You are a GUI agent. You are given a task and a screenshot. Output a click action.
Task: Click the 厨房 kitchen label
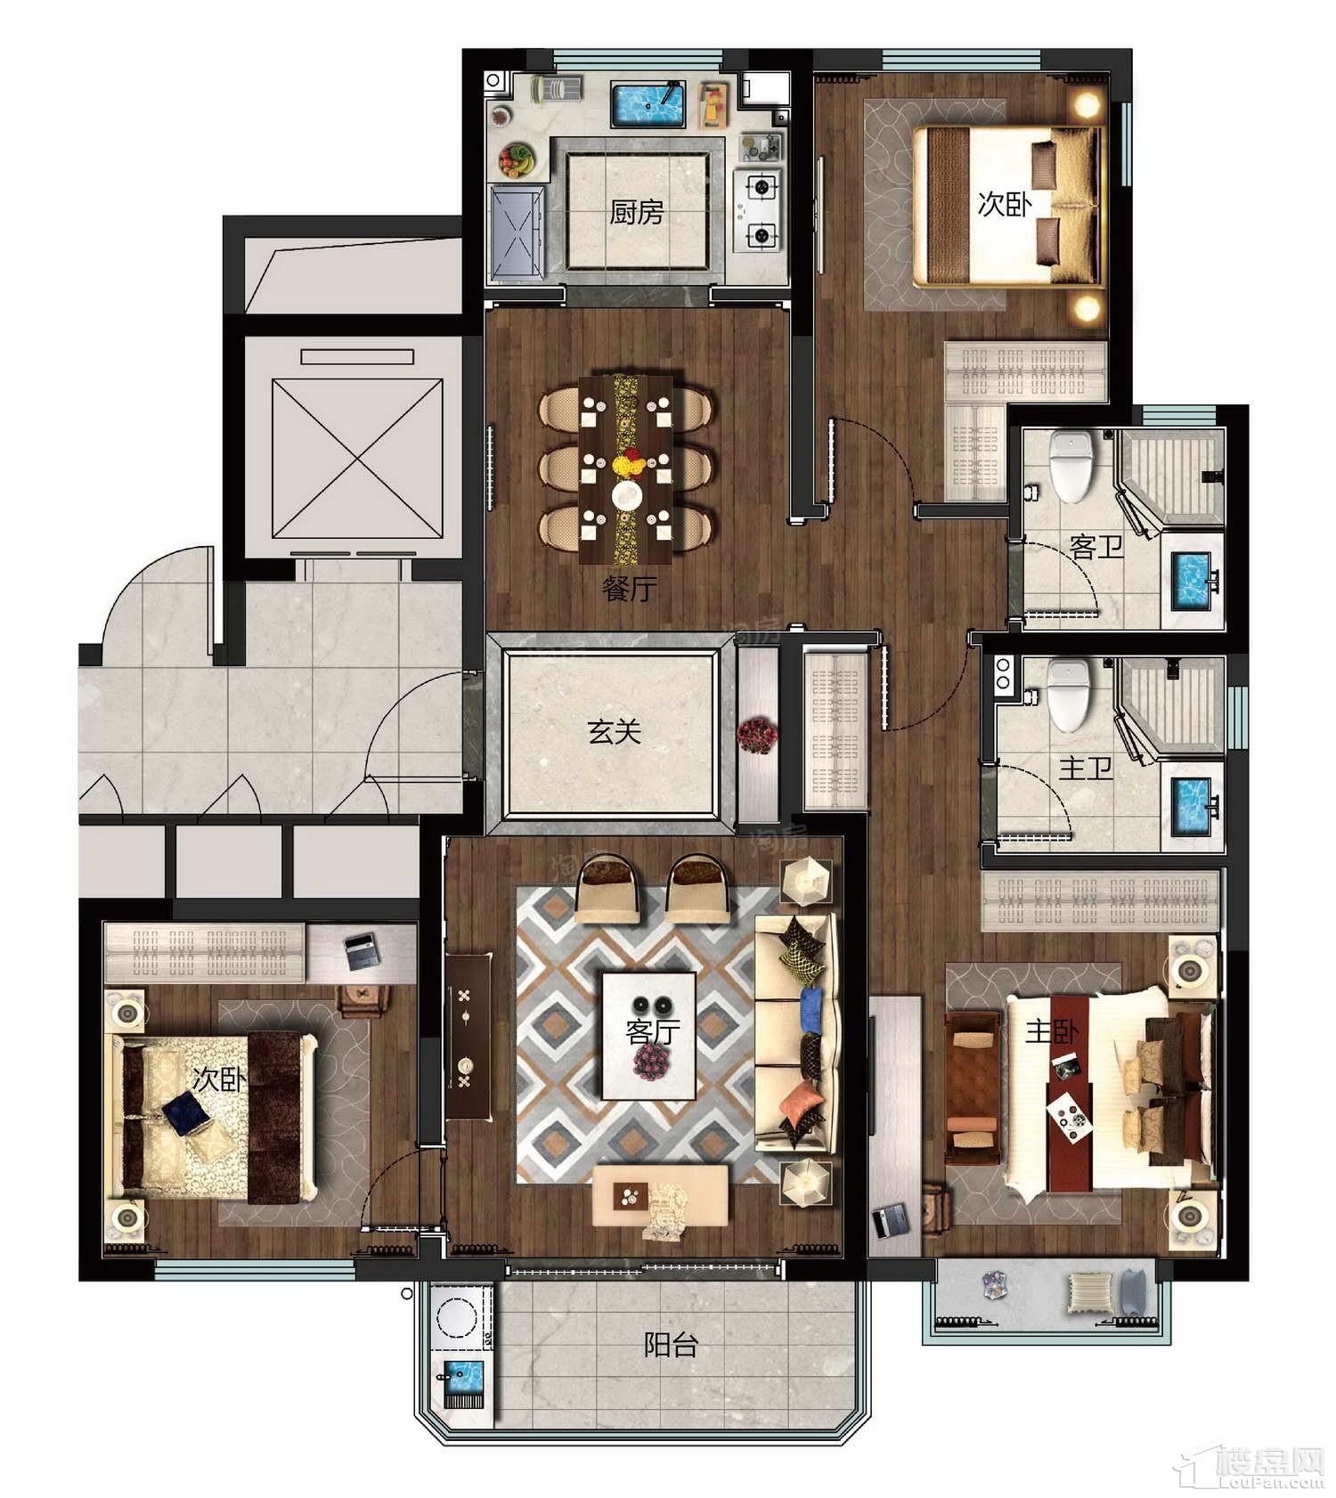[636, 212]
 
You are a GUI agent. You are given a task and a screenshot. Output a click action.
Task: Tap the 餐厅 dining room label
[630, 588]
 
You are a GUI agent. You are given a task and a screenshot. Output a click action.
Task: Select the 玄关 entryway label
[614, 731]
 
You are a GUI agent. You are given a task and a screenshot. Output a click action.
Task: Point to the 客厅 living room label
[653, 1031]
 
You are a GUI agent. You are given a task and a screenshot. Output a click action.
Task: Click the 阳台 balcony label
[671, 1344]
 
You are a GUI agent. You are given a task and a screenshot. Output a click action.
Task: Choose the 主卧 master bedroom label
[1052, 1031]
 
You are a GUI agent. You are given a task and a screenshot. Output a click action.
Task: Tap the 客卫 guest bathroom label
[1096, 546]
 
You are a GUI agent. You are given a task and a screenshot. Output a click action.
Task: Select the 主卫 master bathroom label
[1085, 768]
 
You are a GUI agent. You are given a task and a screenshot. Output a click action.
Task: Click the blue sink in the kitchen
[648, 104]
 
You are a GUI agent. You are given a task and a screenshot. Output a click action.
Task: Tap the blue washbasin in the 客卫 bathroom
[1192, 580]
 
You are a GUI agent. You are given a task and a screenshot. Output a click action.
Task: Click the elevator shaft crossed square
[357, 458]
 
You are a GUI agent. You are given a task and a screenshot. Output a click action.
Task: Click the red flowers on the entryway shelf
[756, 736]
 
